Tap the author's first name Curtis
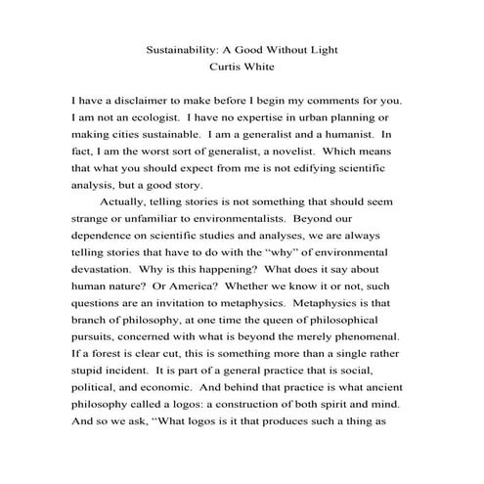(226, 68)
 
